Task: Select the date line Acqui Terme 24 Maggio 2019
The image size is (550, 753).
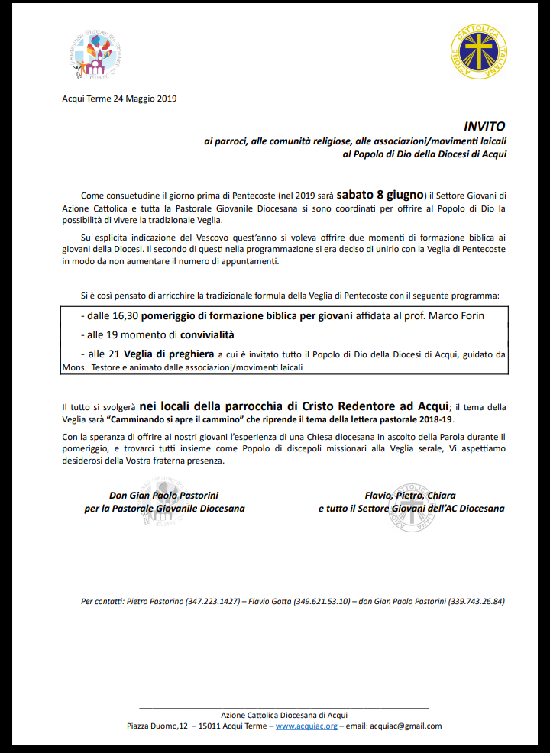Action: pyautogui.click(x=119, y=98)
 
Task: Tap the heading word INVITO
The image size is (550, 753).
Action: pyautogui.click(x=484, y=126)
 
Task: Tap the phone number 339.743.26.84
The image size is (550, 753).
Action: pyautogui.click(x=477, y=601)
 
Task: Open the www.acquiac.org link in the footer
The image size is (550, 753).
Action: pyautogui.click(x=306, y=726)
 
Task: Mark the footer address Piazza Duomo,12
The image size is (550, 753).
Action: pyautogui.click(x=157, y=726)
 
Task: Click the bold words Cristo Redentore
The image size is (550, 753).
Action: pyautogui.click(x=352, y=406)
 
